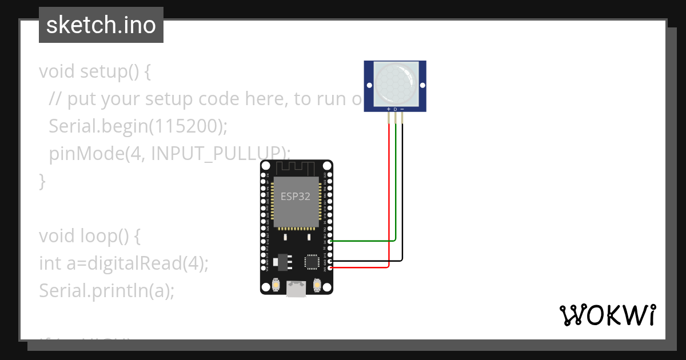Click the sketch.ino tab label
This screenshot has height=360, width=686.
[x=101, y=25]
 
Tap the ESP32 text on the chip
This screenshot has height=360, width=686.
[x=296, y=197]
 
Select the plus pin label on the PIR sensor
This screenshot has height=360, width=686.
[x=389, y=109]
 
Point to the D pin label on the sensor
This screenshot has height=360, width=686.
[x=396, y=109]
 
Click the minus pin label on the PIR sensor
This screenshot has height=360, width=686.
[x=402, y=109]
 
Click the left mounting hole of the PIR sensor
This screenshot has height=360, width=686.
[x=369, y=85]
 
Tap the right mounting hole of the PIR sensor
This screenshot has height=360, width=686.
[x=422, y=85]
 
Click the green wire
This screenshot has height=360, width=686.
[x=396, y=189]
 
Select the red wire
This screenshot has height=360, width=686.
[x=389, y=200]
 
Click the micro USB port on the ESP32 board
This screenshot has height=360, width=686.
[x=296, y=290]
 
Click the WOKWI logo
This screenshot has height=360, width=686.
[x=607, y=315]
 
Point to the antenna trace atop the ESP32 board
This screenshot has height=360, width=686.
[x=296, y=168]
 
